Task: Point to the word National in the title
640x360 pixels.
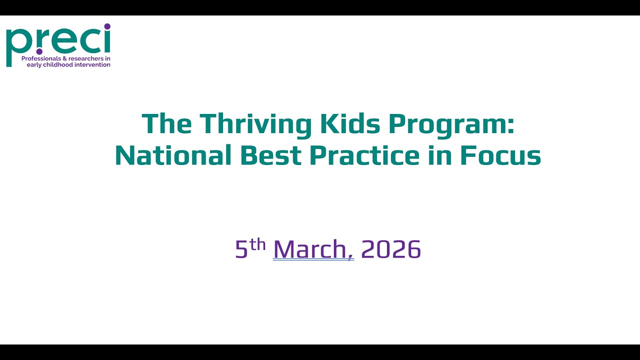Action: pos(173,155)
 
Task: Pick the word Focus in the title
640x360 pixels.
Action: pos(500,155)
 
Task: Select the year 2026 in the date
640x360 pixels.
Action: pos(391,249)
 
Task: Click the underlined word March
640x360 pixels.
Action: pos(313,249)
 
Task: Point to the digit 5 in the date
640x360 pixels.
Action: pos(241,249)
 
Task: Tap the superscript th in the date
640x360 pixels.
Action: pos(257,243)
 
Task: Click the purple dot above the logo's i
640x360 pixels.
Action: pos(107,26)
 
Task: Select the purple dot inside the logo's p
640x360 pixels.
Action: pos(39,51)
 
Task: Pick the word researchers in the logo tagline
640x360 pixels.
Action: pos(86,59)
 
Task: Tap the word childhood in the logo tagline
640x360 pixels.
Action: pos(59,65)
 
